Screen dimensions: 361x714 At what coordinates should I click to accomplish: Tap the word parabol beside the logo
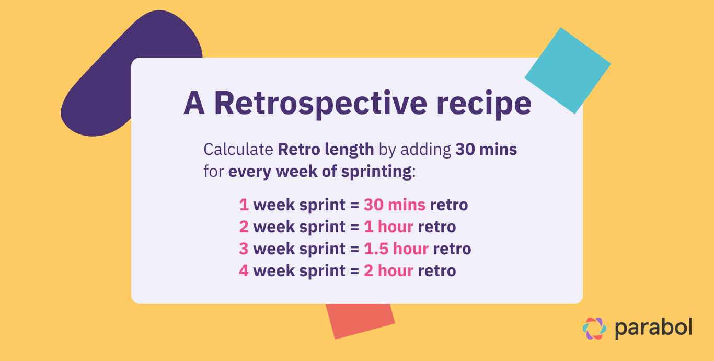coord(653,328)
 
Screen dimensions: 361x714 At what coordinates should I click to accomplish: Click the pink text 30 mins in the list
coord(395,205)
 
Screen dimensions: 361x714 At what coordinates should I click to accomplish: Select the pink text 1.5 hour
coord(396,249)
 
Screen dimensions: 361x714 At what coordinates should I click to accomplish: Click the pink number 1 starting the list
coord(244,205)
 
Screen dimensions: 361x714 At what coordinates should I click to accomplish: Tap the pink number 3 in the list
coord(244,249)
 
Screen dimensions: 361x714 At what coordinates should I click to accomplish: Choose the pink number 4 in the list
coord(244,270)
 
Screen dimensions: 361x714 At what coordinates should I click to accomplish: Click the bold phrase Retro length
coord(326,150)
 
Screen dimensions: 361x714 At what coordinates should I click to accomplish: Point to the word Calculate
coord(238,150)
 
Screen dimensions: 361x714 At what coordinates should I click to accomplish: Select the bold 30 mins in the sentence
coord(486,150)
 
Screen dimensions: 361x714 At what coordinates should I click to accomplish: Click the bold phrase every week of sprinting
coord(320,172)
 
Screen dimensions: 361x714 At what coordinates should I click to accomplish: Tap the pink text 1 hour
coord(389,227)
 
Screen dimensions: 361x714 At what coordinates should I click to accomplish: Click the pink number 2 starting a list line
coord(244,227)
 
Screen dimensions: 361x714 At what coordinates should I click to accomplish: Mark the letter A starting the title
coord(194,104)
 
